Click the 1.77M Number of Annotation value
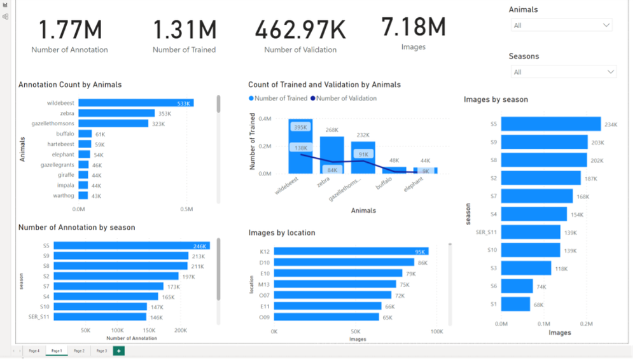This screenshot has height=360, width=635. (70, 31)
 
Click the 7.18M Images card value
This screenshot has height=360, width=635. (414, 27)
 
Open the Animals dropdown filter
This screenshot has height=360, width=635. (561, 25)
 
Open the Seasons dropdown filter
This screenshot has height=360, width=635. (563, 72)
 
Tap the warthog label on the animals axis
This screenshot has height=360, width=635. (64, 195)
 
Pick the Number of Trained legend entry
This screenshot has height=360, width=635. (280, 99)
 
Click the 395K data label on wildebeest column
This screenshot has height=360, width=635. (300, 127)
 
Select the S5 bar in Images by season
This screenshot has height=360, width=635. (550, 124)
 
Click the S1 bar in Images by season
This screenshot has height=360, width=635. (515, 304)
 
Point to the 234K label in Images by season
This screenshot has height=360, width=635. (611, 125)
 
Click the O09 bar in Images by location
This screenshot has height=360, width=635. (326, 317)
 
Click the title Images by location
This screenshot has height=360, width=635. (282, 233)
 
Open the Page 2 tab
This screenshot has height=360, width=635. (79, 350)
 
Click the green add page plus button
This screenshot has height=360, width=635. (118, 350)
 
